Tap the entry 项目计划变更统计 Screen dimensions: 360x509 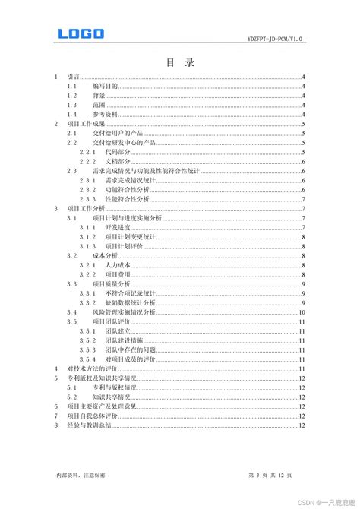click(x=130, y=237)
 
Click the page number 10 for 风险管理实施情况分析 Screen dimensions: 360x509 click(x=302, y=311)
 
